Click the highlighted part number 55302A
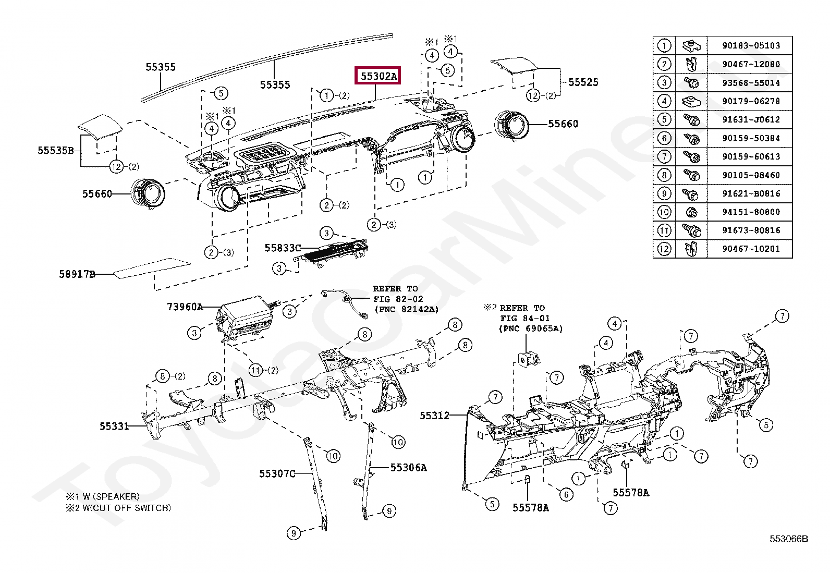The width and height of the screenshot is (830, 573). coord(379,76)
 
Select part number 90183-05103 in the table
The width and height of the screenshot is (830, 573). coord(751,46)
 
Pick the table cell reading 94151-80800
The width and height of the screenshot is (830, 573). coord(751,212)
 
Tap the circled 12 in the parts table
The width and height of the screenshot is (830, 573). coord(664,249)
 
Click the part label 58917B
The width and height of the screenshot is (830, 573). coord(77,274)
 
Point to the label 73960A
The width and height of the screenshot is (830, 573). coord(185,307)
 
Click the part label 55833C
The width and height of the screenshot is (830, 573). coord(283,248)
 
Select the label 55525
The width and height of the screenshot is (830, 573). coord(583,82)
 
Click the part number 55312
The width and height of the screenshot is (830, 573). coord(434,416)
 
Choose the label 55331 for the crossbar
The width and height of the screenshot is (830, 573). coord(114,426)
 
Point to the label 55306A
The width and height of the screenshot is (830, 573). coord(408,468)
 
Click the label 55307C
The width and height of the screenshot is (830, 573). coord(277,474)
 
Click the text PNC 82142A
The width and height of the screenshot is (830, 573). coord(407,309)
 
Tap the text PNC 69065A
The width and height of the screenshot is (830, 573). coord(531,328)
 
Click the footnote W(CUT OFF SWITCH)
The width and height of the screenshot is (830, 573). coord(124,508)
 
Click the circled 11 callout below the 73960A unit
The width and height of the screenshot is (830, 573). coord(255,370)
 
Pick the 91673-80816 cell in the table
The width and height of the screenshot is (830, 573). coord(751,230)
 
